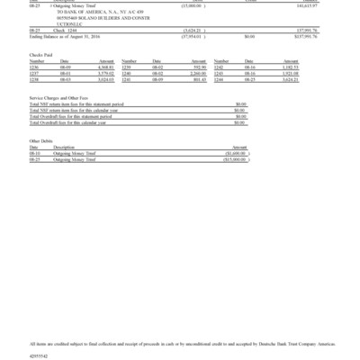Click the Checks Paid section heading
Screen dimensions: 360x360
(x=40, y=55)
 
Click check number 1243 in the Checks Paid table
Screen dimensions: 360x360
(x=219, y=72)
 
